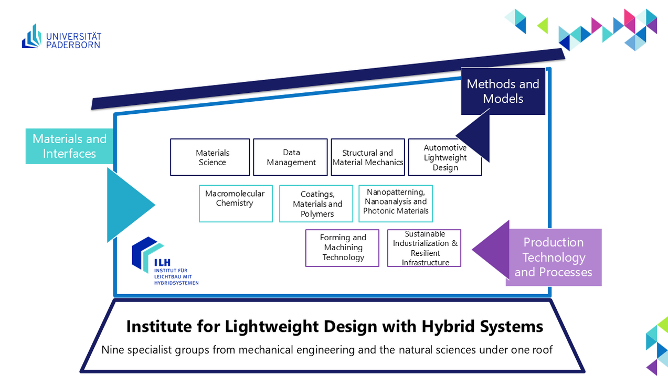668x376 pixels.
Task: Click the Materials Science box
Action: point(210,157)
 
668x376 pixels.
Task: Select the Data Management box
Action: point(291,157)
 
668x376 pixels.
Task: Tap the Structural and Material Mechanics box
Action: point(368,157)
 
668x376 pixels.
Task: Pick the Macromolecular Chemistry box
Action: point(236,203)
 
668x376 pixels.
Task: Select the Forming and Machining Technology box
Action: point(343,248)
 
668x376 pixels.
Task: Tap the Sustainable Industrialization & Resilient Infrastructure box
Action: point(425,248)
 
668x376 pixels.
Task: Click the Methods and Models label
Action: point(503,91)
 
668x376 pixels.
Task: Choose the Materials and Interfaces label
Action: point(69,146)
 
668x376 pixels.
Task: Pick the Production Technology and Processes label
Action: point(553,257)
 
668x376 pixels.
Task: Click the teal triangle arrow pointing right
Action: point(126,205)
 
